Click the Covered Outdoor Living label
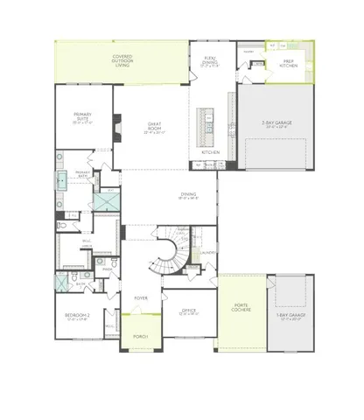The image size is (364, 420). [122, 59]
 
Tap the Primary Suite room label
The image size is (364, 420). [83, 119]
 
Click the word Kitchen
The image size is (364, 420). [211, 153]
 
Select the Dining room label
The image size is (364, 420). [187, 197]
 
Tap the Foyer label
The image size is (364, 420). [141, 298]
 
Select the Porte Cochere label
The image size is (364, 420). [241, 309]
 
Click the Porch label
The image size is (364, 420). [141, 337]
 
